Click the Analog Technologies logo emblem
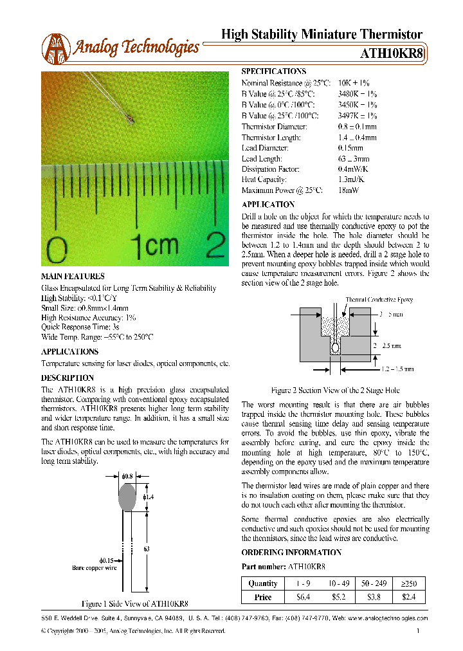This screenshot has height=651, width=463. tap(56, 48)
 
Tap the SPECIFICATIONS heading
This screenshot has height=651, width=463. tap(273, 71)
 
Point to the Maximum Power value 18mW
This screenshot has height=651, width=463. tap(349, 190)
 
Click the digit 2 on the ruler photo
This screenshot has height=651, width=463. tap(215, 245)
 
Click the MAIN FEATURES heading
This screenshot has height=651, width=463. tap(73, 276)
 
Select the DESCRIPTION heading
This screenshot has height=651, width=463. tap(68, 378)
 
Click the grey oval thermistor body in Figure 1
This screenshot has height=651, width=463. tap(127, 497)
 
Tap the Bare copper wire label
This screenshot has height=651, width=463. tap(95, 567)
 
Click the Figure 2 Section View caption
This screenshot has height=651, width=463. tap(335, 390)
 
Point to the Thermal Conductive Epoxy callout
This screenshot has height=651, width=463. tap(379, 300)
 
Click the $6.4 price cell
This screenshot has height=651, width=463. tap(302, 597)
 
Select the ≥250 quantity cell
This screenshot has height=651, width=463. tap(409, 583)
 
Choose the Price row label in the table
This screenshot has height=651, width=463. tap(263, 597)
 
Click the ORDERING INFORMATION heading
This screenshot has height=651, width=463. tap(291, 553)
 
